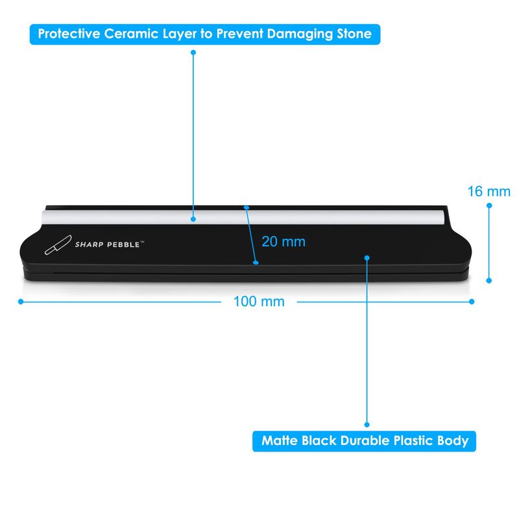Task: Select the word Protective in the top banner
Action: click(69, 34)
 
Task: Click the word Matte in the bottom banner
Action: click(280, 441)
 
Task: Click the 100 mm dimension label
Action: click(259, 302)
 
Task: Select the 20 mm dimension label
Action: click(284, 241)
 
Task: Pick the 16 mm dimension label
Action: click(489, 191)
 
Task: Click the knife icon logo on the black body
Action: click(58, 245)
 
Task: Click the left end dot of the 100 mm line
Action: click(21, 302)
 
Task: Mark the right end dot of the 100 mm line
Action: click(472, 302)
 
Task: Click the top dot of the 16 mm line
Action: click(489, 206)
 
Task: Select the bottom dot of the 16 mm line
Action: click(489, 281)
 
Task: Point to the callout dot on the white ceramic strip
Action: click(193, 219)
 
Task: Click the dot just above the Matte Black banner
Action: click(367, 425)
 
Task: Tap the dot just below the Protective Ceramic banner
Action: click(193, 53)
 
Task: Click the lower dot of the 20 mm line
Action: click(256, 263)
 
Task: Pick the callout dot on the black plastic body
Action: click(367, 258)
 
